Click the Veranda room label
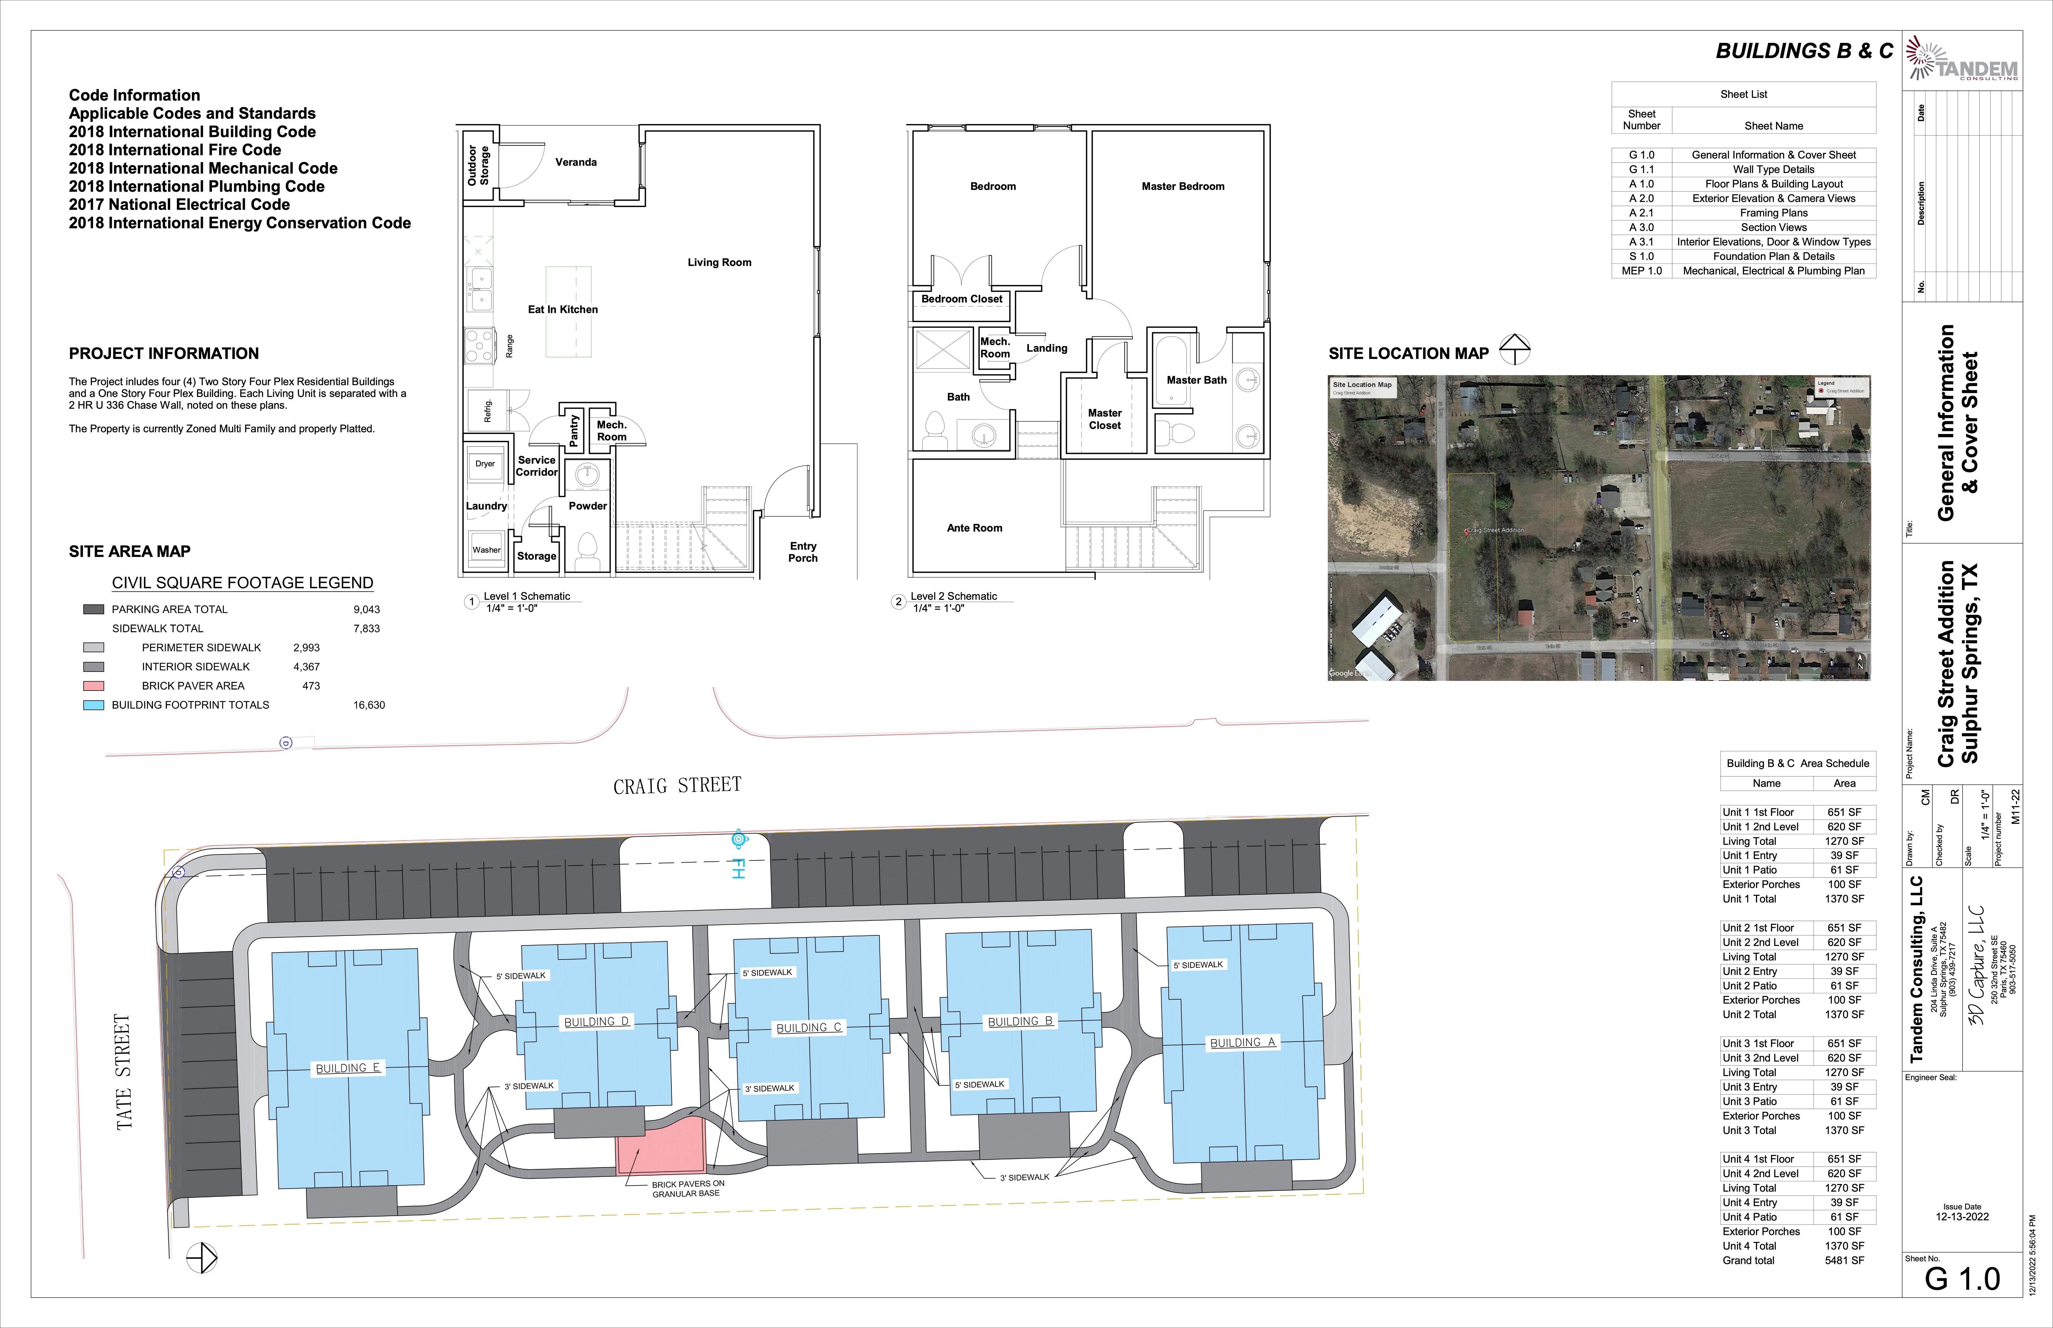click(x=575, y=162)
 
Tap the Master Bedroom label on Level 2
click(x=1183, y=186)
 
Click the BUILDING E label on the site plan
click(x=348, y=1068)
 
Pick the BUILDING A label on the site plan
click(x=1242, y=1042)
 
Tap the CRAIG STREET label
click(x=677, y=785)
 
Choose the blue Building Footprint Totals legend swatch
click(x=93, y=704)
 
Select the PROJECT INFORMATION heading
click(x=164, y=353)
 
